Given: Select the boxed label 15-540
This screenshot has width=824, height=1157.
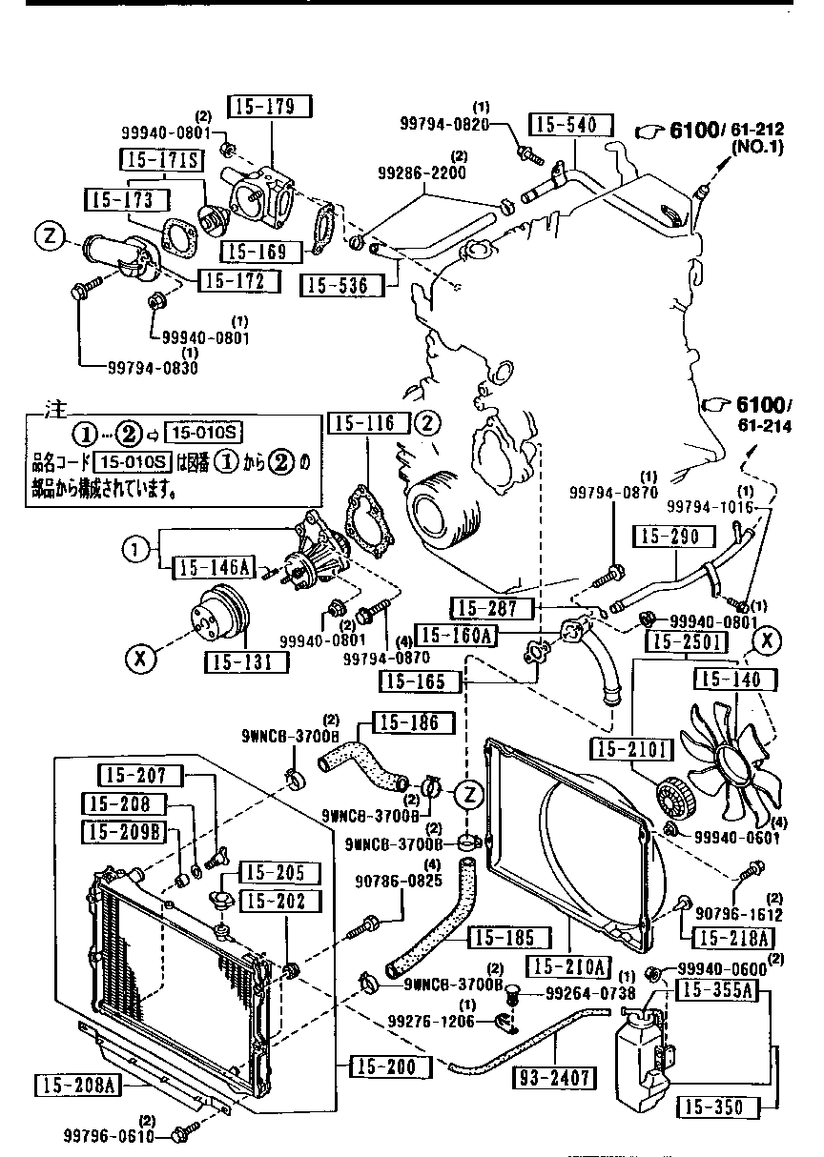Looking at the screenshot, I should pos(565,125).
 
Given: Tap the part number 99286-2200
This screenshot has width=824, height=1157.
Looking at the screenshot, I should pos(422,173).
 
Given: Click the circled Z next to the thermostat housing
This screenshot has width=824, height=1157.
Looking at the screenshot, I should pos(48,236).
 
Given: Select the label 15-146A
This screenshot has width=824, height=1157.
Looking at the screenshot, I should pos(212,569).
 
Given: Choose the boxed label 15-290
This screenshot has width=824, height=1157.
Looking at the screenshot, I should pos(670,536).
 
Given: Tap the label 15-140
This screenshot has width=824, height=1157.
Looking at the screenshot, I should pos(731,679).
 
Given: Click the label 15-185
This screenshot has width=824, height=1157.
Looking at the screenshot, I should pos(508,938).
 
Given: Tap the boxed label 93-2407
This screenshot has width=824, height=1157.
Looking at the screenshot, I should pos(554,1078).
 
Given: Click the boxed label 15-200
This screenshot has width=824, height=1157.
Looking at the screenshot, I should pos(382,1066).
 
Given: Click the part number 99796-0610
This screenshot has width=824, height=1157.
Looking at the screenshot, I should pos(105,1137).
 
